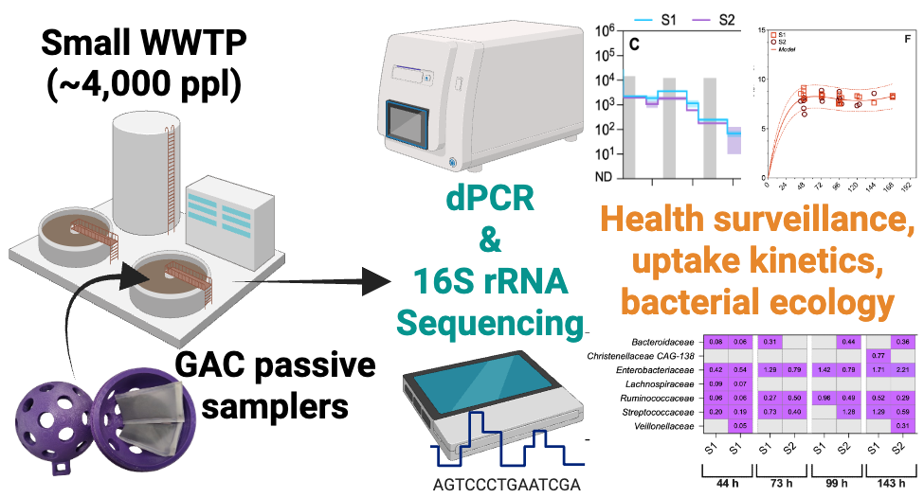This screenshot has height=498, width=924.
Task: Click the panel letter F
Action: (x=906, y=38)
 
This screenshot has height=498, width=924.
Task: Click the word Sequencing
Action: (x=488, y=321)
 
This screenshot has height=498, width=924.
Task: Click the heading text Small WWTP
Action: (x=143, y=42)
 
